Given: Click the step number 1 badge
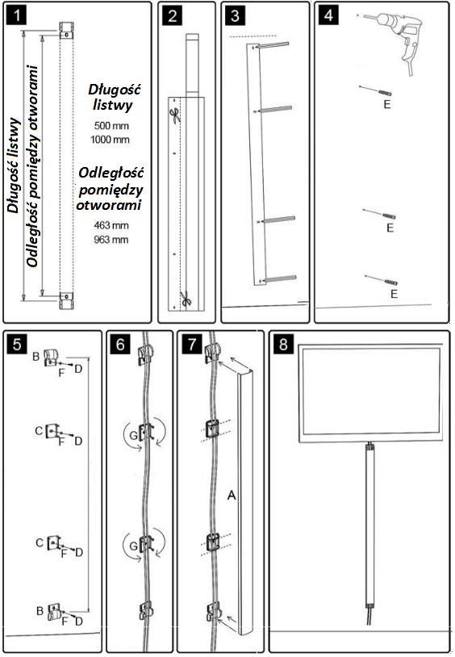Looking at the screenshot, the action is (17, 15).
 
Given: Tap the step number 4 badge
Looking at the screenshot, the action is (328, 15).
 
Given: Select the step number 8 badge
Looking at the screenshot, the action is (283, 344).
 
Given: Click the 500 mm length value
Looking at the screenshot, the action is (111, 125).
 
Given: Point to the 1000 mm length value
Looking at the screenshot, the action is (110, 140).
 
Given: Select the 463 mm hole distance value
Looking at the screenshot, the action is (111, 225).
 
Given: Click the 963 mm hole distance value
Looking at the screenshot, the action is (111, 240).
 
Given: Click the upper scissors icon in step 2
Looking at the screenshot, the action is (176, 115).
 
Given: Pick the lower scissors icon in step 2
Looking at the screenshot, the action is (186, 299).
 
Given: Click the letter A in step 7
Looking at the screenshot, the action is (232, 496).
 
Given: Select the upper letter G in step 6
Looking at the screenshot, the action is (133, 435).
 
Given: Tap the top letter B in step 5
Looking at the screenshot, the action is (36, 357).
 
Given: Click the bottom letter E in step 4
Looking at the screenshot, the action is (394, 294).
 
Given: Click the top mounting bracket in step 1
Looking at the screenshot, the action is (67, 30).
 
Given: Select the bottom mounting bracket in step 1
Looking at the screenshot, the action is (67, 300).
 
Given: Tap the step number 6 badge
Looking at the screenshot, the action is (120, 344).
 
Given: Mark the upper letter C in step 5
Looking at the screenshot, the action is (39, 431).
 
